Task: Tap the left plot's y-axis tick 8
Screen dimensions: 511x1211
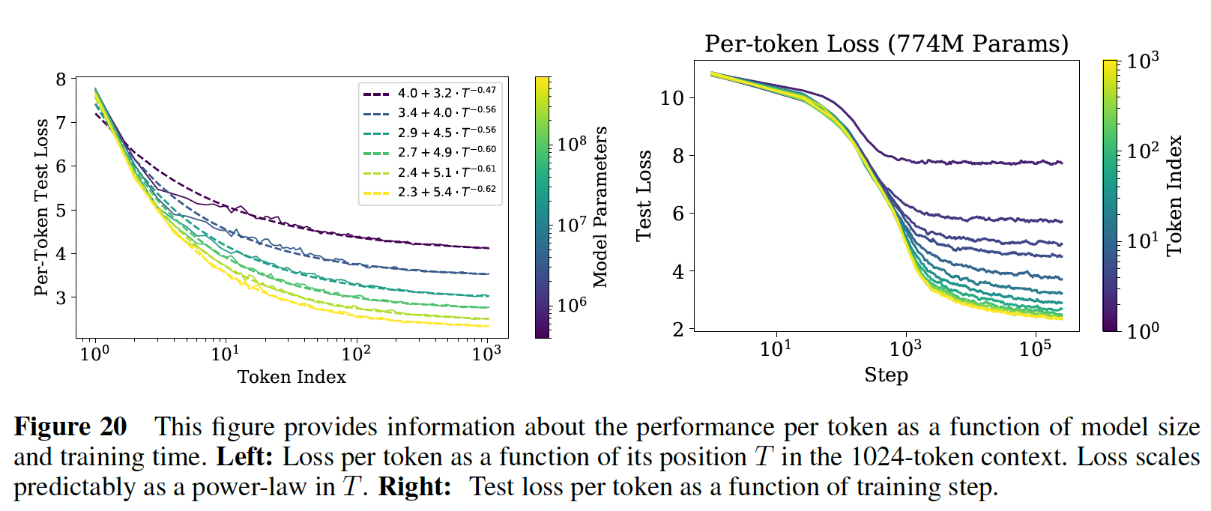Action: pyautogui.click(x=61, y=79)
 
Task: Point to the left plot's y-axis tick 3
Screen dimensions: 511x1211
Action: pyautogui.click(x=61, y=297)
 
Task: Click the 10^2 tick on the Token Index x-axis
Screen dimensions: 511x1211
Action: pyautogui.click(x=355, y=353)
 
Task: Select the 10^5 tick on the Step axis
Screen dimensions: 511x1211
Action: pyautogui.click(x=1035, y=348)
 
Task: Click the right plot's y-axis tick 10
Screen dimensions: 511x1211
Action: pyautogui.click(x=671, y=98)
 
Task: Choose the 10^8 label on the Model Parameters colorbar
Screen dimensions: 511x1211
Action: pyautogui.click(x=572, y=143)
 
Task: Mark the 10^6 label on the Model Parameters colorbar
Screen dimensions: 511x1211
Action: pyautogui.click(x=572, y=304)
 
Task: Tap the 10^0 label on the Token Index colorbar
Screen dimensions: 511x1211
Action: pyautogui.click(x=1143, y=330)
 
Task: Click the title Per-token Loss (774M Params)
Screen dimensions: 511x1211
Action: pyautogui.click(x=887, y=43)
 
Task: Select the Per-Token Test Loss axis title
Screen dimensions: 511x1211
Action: pyautogui.click(x=41, y=207)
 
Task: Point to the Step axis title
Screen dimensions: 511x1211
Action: pyautogui.click(x=886, y=375)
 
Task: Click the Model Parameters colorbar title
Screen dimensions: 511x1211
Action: pyautogui.click(x=600, y=207)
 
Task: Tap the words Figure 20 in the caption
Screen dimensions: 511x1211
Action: pyautogui.click(x=70, y=427)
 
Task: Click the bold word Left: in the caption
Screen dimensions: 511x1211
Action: pyautogui.click(x=244, y=457)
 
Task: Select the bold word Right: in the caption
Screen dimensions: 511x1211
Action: pyautogui.click(x=414, y=487)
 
